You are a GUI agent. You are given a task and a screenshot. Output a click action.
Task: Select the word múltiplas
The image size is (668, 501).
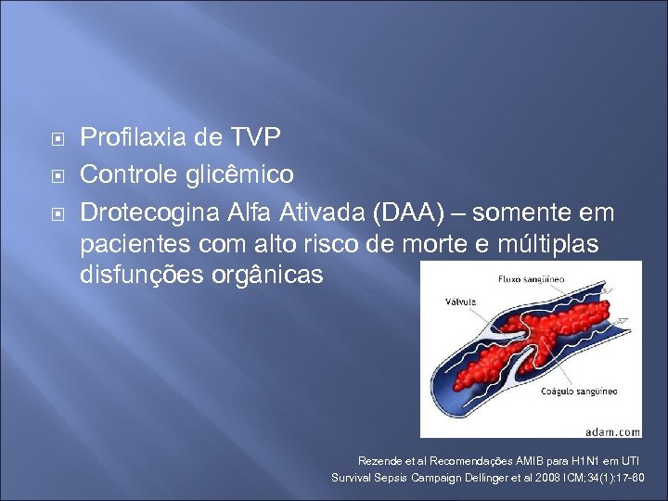pyautogui.click(x=554, y=245)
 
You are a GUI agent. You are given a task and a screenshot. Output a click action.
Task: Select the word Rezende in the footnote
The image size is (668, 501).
pyautogui.click(x=376, y=460)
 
